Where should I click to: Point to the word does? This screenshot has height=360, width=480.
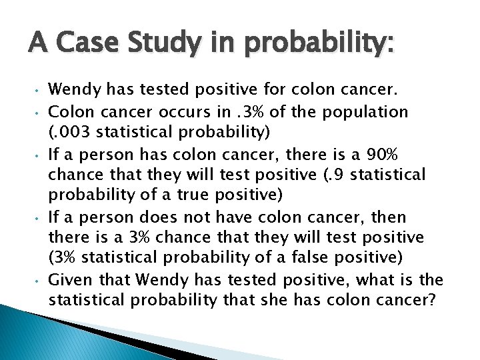coord(176,217)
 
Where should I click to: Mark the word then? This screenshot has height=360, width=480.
coord(389,217)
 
